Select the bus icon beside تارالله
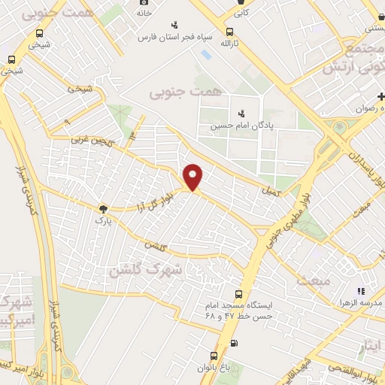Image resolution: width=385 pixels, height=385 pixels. click(x=229, y=32)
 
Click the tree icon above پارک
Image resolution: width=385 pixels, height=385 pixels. click(x=102, y=209)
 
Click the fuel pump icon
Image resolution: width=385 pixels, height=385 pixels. click(x=234, y=344)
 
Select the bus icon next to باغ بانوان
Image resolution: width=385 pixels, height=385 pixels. click(x=214, y=356)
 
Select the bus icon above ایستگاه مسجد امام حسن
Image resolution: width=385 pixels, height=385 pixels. click(x=239, y=294)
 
